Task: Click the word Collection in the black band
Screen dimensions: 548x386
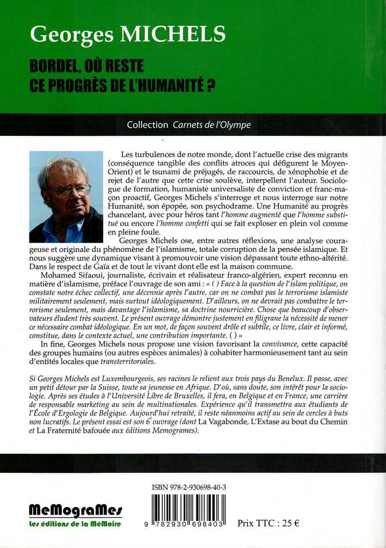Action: [x=147, y=125]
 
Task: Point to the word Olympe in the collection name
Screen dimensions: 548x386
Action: [x=235, y=125]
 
